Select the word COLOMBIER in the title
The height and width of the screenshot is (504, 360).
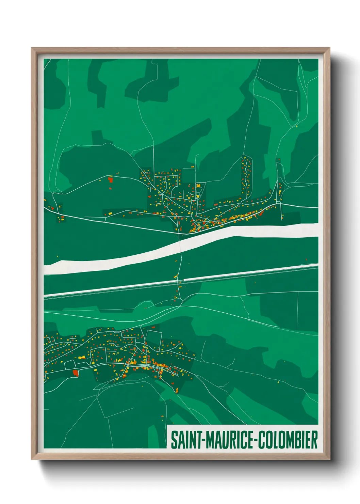[x=288, y=440]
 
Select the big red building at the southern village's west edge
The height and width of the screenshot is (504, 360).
[x=76, y=372]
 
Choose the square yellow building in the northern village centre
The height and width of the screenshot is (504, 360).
[x=198, y=186]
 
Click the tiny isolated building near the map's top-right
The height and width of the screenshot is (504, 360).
[x=297, y=127]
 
